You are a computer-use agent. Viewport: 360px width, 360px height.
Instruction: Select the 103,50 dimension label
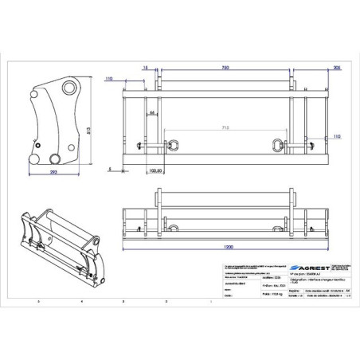point(156,170)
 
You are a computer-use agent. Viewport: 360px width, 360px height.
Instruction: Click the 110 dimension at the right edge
point(337,137)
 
